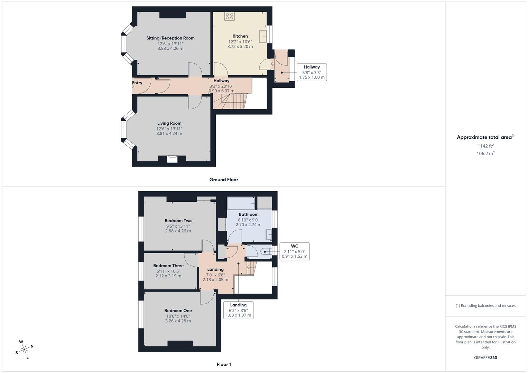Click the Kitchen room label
[x=240, y=36]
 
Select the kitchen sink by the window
[x=263, y=36]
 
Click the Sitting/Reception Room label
[x=170, y=38]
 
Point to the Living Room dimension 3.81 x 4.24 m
[x=169, y=133]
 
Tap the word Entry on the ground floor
[x=137, y=83]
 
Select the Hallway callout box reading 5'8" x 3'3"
[x=312, y=72]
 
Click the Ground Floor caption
[x=224, y=180]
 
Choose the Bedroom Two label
[x=178, y=221]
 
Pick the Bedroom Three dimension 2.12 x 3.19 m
[x=168, y=276]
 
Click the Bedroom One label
[x=178, y=310]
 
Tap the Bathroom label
[x=248, y=214]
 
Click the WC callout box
[x=294, y=251]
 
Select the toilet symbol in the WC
[x=266, y=251]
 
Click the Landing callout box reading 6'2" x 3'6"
[x=238, y=310]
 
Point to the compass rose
[x=24, y=350]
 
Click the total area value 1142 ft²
[x=485, y=146]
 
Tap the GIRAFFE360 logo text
[x=485, y=357]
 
